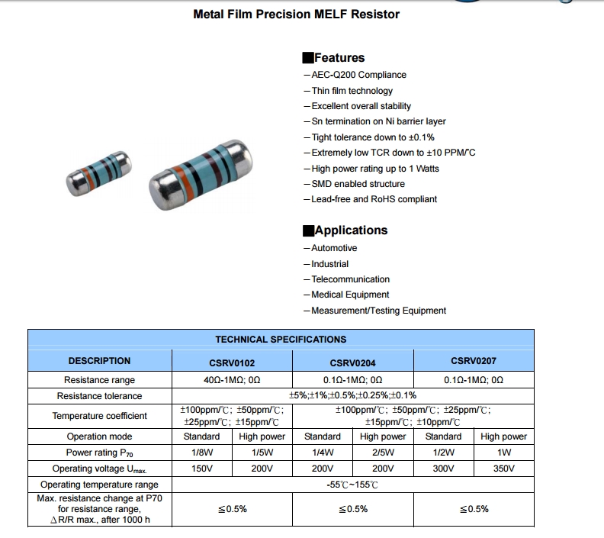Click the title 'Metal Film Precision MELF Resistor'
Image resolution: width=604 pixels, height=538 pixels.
296,14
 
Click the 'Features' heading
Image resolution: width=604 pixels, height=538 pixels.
339,58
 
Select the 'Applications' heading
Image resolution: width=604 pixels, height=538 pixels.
350,230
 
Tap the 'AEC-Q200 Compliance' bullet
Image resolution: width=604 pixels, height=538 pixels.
358,75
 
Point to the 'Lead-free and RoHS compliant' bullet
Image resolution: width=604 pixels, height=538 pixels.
374,199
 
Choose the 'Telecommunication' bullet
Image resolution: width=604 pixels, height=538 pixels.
350,279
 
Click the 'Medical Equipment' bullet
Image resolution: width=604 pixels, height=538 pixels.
350,295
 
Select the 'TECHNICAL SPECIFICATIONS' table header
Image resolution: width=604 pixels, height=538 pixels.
281,340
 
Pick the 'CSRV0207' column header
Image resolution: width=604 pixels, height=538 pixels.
474,361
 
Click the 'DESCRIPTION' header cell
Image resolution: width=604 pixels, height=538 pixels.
99,361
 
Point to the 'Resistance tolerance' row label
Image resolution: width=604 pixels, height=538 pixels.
99,396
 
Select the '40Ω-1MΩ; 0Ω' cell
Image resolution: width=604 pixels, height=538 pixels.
232,380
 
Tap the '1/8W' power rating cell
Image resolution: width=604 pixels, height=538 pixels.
202,453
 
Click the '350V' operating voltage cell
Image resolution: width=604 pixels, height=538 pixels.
503,469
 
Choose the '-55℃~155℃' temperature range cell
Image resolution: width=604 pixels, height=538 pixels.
352,485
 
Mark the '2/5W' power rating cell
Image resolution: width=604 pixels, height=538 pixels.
383,453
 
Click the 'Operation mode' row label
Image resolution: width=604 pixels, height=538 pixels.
99,437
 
